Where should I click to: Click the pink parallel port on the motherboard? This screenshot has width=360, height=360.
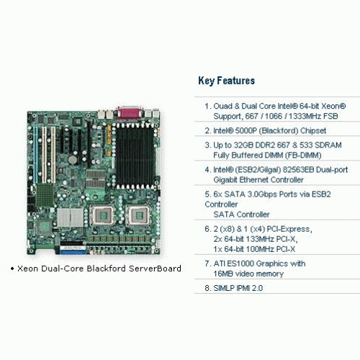(129, 112)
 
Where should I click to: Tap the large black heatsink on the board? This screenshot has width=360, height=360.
(135, 156)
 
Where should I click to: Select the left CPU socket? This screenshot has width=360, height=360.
(103, 215)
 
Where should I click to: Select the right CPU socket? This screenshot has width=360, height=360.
(138, 215)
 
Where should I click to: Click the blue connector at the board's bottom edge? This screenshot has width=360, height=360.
(73, 252)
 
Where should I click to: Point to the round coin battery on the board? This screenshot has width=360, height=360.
(73, 160)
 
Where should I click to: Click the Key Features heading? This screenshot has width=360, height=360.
(226, 81)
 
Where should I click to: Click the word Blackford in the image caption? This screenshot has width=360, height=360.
(107, 269)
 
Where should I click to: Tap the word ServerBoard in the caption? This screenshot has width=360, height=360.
(155, 269)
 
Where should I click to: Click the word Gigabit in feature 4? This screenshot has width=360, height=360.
(225, 180)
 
